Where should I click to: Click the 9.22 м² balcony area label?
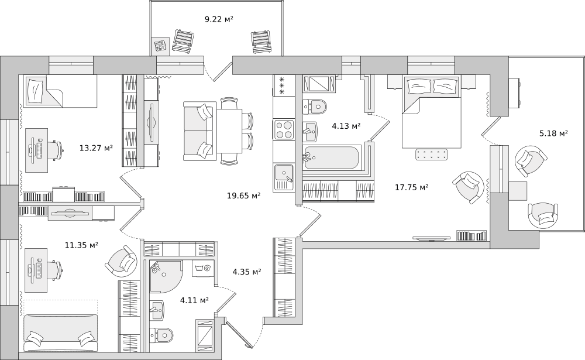(x=219, y=19)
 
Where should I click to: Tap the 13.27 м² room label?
(x=96, y=148)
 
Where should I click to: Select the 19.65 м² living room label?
(x=243, y=196)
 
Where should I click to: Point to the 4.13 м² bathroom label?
(x=346, y=126)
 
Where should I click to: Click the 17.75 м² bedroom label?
(x=411, y=187)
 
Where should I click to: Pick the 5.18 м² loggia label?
(x=553, y=133)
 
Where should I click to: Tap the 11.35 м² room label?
(x=82, y=245)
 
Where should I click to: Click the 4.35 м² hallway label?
(x=247, y=272)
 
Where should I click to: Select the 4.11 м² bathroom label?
(x=194, y=300)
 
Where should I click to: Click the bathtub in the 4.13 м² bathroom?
(x=332, y=157)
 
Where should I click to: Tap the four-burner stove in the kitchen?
(x=284, y=129)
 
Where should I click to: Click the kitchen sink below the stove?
(x=284, y=178)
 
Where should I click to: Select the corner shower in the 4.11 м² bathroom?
(x=166, y=276)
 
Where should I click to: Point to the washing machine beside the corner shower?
(x=204, y=268)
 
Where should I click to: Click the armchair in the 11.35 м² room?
(x=121, y=260)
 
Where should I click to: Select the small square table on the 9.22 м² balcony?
(x=162, y=46)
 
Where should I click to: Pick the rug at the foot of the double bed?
(x=432, y=155)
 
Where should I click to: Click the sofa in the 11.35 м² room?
(x=60, y=333)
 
